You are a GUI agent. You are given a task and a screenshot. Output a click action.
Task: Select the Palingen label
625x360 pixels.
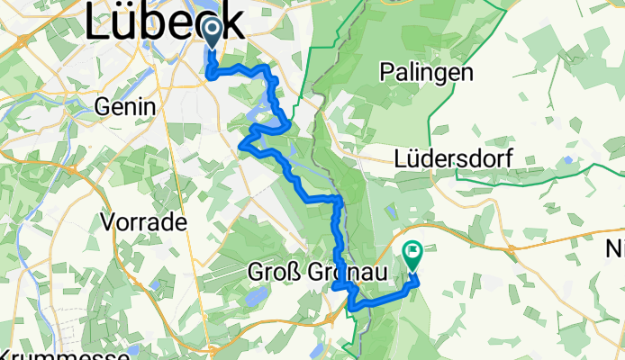[427, 73]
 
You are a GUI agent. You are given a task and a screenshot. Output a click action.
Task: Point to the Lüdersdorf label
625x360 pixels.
[454, 157]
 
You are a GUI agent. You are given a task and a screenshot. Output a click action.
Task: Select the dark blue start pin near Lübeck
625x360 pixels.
[213, 34]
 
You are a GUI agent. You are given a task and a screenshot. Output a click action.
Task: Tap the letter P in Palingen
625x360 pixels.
[388, 73]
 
